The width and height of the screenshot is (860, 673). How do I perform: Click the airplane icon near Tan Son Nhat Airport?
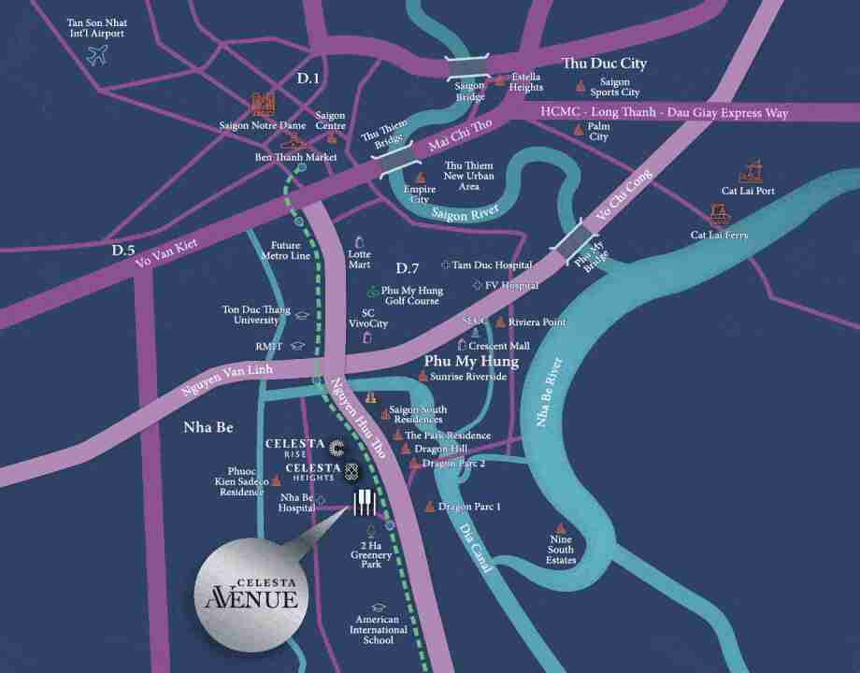[96, 55]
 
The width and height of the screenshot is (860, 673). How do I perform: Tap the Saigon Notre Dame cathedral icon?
[263, 104]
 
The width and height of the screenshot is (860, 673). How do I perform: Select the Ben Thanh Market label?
[295, 158]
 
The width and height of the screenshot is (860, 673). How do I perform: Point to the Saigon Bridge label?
[469, 91]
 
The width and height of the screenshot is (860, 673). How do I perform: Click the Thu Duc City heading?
[604, 64]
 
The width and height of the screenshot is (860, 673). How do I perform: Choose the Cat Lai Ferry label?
[719, 236]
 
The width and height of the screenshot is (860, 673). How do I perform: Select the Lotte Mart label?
[359, 259]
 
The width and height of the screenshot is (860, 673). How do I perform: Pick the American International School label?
[379, 630]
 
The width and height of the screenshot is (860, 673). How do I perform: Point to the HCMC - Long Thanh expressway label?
[664, 112]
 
